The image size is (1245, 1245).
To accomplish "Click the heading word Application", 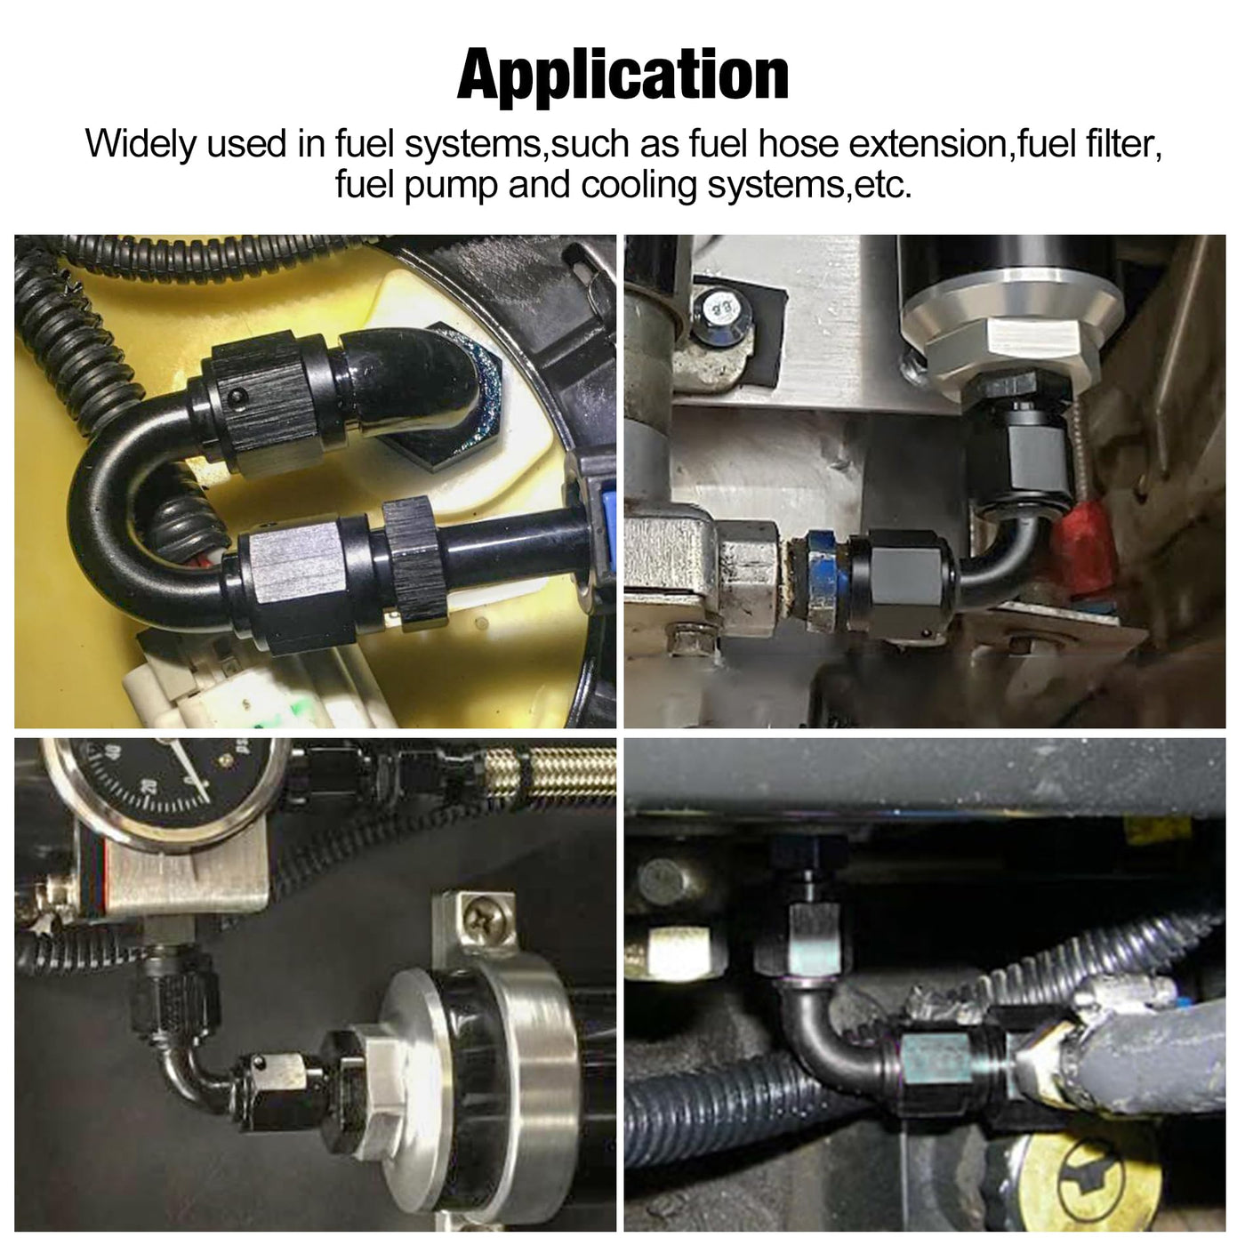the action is pos(622,76).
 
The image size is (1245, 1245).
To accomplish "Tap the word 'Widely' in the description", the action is pos(141,143).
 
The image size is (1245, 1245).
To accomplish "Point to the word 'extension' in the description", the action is pos(928,143).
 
